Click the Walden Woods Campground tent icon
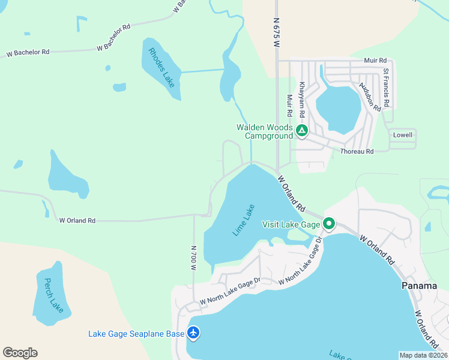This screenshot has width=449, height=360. [301, 130]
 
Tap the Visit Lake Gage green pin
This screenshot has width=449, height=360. [328, 224]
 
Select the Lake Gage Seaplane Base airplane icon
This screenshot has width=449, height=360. [193, 332]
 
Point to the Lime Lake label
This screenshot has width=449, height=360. [244, 221]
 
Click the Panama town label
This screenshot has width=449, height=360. [419, 286]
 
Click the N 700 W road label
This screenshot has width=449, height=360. [193, 258]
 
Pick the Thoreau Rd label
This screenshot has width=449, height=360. [357, 151]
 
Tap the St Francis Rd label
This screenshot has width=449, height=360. [387, 88]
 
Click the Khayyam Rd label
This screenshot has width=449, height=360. [303, 100]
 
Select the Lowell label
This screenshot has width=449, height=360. [403, 135]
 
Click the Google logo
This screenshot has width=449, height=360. [20, 353]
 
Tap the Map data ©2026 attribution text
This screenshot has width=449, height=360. [423, 355]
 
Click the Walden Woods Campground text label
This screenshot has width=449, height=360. [265, 131]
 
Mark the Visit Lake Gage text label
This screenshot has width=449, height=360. [291, 224]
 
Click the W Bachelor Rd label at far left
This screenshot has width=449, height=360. [28, 53]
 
